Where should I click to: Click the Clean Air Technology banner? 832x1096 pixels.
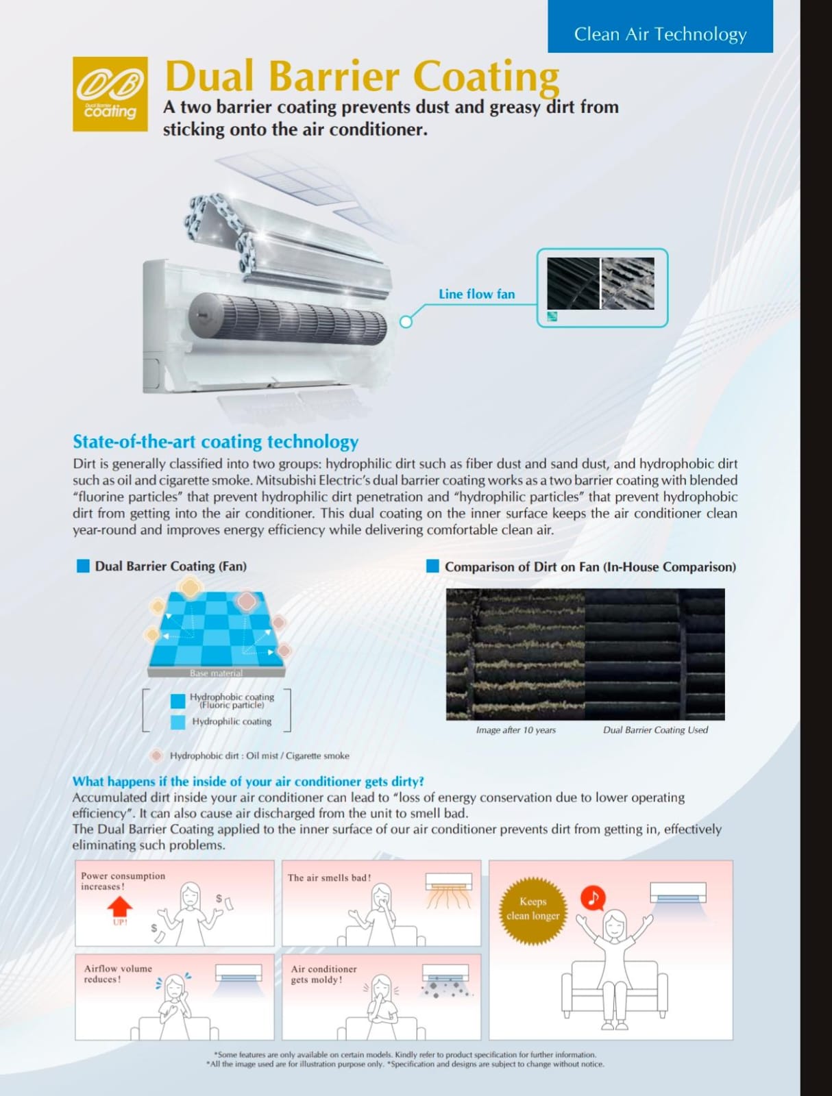click(660, 26)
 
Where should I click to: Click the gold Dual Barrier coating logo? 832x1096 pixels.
click(110, 94)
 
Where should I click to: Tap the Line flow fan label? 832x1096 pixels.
click(476, 294)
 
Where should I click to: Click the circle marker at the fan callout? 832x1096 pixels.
click(406, 322)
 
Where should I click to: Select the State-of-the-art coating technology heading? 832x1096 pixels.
click(216, 442)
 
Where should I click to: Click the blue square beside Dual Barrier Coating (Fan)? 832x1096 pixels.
click(83, 566)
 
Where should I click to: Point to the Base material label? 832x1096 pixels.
click(217, 673)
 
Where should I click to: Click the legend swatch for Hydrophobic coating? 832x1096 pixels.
click(178, 701)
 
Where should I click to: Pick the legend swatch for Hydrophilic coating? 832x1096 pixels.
click(178, 722)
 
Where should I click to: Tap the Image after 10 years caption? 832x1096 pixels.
click(516, 730)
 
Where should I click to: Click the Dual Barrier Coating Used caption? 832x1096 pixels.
click(655, 730)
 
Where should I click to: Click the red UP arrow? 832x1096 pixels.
click(120, 906)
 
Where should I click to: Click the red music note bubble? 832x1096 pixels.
click(593, 898)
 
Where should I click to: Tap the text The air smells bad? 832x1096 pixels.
click(330, 877)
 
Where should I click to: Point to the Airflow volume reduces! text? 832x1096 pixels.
click(118, 973)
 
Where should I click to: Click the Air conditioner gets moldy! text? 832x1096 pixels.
click(323, 974)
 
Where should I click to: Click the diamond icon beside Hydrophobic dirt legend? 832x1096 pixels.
click(157, 756)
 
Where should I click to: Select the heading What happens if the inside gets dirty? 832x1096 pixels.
click(248, 782)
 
